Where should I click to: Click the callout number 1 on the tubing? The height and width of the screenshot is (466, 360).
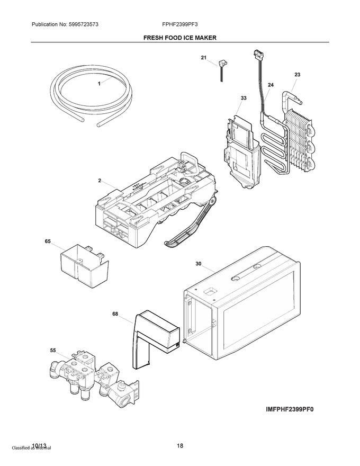click(98, 84)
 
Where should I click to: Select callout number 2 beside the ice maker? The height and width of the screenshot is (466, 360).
click(99, 181)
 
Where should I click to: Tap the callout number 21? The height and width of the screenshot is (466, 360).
click(203, 58)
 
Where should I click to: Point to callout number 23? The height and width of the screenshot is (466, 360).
click(297, 75)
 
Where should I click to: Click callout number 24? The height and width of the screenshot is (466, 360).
click(271, 85)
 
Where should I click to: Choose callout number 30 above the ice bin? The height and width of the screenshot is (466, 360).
click(199, 263)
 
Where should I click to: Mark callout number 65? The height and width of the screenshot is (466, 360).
click(48, 241)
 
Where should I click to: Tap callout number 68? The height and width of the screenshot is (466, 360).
click(115, 313)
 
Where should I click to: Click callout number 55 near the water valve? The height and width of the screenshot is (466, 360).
click(53, 351)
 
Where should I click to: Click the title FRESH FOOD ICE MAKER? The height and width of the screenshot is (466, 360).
click(179, 38)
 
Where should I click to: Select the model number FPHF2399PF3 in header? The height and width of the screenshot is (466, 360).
click(180, 24)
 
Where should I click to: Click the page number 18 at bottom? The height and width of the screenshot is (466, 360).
click(180, 446)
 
